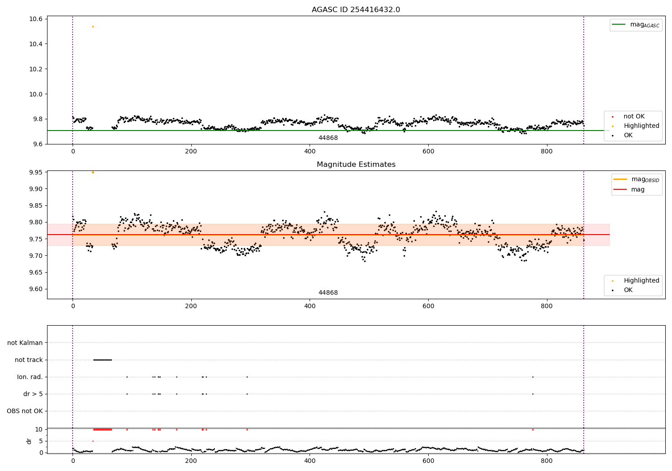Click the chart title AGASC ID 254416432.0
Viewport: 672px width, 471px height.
click(356, 10)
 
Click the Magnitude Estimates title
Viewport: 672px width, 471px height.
click(356, 165)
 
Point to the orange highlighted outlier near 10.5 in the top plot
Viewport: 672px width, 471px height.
click(93, 26)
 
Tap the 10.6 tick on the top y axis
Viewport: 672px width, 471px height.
click(36, 19)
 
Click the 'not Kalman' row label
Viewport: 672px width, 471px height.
click(25, 343)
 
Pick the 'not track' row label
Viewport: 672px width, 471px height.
click(29, 360)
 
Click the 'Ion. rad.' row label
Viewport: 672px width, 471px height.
click(30, 377)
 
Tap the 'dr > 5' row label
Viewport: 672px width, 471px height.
click(33, 394)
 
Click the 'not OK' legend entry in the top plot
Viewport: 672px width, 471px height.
click(634, 117)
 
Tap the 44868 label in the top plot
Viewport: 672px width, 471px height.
click(328, 138)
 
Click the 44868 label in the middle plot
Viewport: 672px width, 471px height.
click(328, 293)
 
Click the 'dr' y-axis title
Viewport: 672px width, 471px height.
click(29, 441)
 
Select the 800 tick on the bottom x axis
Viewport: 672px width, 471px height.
click(547, 460)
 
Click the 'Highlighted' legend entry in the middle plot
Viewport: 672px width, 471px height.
click(641, 280)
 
